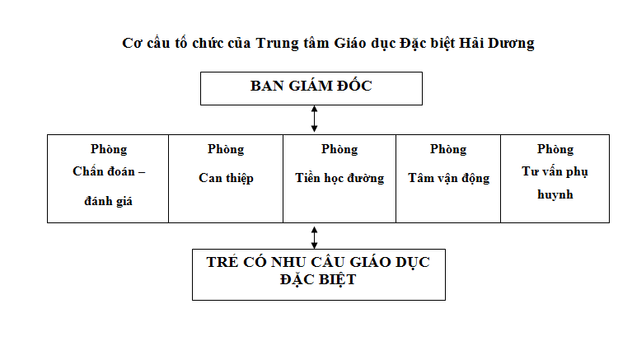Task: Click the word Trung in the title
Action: point(278,44)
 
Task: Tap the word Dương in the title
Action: point(511,44)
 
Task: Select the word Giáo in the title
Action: point(350,43)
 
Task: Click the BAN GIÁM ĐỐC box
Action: point(311,89)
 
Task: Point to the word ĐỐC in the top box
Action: point(354,85)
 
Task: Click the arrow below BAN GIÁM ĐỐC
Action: point(315,119)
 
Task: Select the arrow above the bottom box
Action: point(315,237)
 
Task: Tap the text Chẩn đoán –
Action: point(109,171)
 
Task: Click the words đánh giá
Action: point(108,200)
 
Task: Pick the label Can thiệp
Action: point(226,178)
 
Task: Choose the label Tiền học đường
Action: point(339,178)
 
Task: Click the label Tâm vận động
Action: point(448,178)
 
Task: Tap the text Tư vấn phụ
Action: point(555,171)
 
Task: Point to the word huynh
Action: point(555,194)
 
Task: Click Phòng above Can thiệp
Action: point(226,150)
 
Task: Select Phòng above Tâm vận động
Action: point(448,150)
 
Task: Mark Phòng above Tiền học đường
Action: point(339,150)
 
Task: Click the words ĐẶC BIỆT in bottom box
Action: point(318,280)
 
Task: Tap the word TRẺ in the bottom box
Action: point(223,262)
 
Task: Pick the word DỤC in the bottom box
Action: point(412,263)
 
